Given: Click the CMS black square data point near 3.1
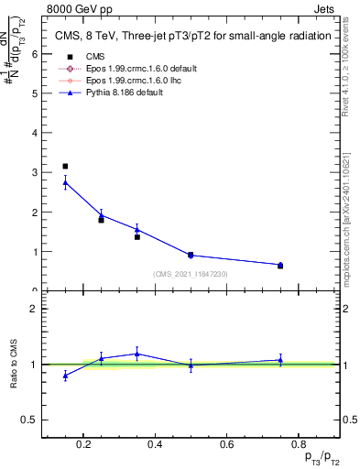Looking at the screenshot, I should click(65, 167).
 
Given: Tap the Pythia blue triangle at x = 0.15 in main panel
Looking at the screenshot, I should click(65, 182).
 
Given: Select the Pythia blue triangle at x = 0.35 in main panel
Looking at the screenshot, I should click(136, 230).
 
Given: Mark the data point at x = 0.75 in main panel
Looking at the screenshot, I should click(280, 265).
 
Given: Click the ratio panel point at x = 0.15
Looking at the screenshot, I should click(65, 376).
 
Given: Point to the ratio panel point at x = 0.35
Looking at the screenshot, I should click(136, 354).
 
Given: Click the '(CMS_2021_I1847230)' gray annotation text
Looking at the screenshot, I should click(191, 273).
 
